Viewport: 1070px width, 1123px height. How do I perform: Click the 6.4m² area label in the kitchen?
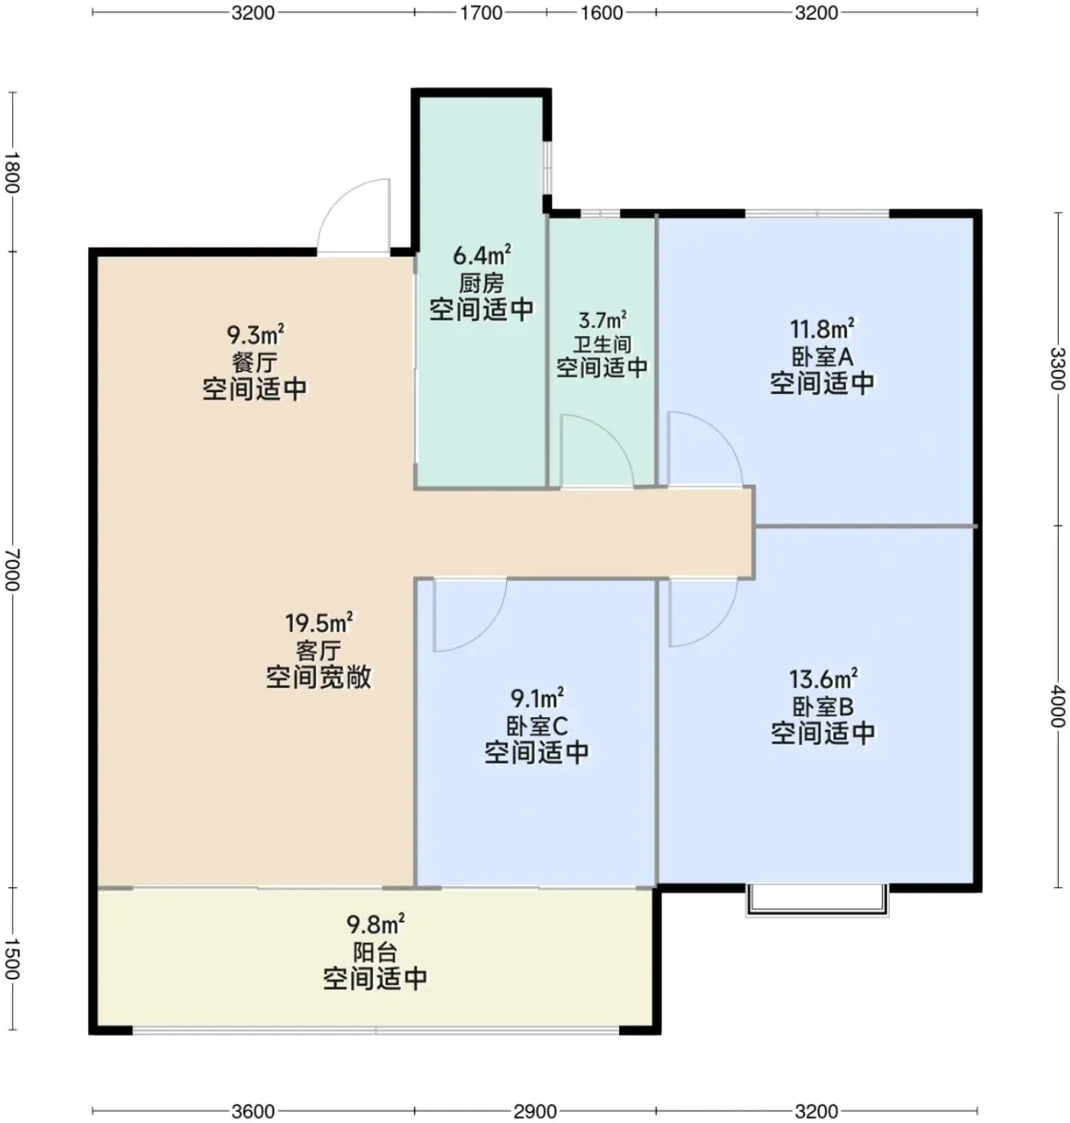(x=481, y=255)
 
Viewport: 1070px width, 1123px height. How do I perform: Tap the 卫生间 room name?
(x=602, y=344)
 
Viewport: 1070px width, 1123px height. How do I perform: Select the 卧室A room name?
(x=822, y=357)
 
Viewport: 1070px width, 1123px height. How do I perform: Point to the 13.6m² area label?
(x=823, y=679)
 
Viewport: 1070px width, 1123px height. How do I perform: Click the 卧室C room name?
(x=537, y=726)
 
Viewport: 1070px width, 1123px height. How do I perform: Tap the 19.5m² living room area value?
(x=318, y=622)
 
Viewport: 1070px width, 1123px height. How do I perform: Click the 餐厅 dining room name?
(x=254, y=362)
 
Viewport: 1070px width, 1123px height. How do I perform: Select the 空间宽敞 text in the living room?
(x=318, y=677)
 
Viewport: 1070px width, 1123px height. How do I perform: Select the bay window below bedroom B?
(x=817, y=901)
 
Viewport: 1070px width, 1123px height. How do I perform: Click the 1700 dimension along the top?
(x=481, y=12)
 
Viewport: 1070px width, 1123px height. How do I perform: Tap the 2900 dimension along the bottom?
(x=535, y=1111)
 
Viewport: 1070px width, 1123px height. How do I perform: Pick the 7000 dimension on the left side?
(x=12, y=570)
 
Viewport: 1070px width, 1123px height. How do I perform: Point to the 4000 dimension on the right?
(x=1057, y=707)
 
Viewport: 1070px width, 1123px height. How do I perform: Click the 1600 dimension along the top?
(x=602, y=12)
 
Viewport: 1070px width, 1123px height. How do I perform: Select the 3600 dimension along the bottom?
(x=253, y=1111)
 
